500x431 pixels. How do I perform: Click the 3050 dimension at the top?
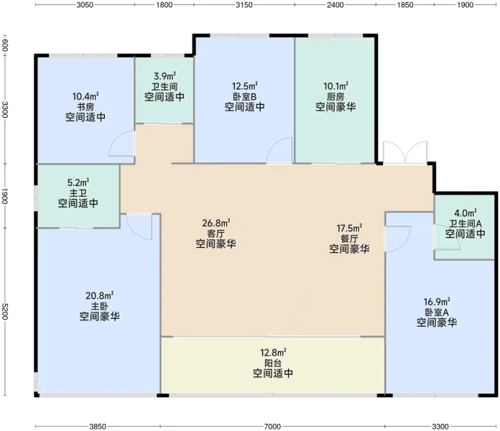point(85,5)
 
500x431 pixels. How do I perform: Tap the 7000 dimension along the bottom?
point(272,426)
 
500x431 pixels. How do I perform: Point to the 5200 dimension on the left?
point(5,311)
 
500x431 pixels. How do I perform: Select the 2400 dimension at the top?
point(335,5)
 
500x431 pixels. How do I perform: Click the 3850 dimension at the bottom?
point(98,426)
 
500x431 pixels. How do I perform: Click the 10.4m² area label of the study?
point(85,96)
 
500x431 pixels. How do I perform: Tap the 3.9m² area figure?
point(165,76)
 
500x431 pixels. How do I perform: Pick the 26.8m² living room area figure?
point(216,223)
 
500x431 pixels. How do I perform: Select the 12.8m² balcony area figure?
point(273,352)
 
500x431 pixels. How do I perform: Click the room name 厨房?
point(335,96)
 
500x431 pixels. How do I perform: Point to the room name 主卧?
point(99,306)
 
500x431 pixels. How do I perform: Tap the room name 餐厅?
point(349,238)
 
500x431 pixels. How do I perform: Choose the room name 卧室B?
point(244,96)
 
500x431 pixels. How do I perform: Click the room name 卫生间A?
point(466,223)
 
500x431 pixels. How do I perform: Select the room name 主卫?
point(78,193)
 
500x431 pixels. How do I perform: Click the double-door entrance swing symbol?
point(405,152)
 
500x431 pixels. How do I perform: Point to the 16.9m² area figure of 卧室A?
point(437,301)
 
